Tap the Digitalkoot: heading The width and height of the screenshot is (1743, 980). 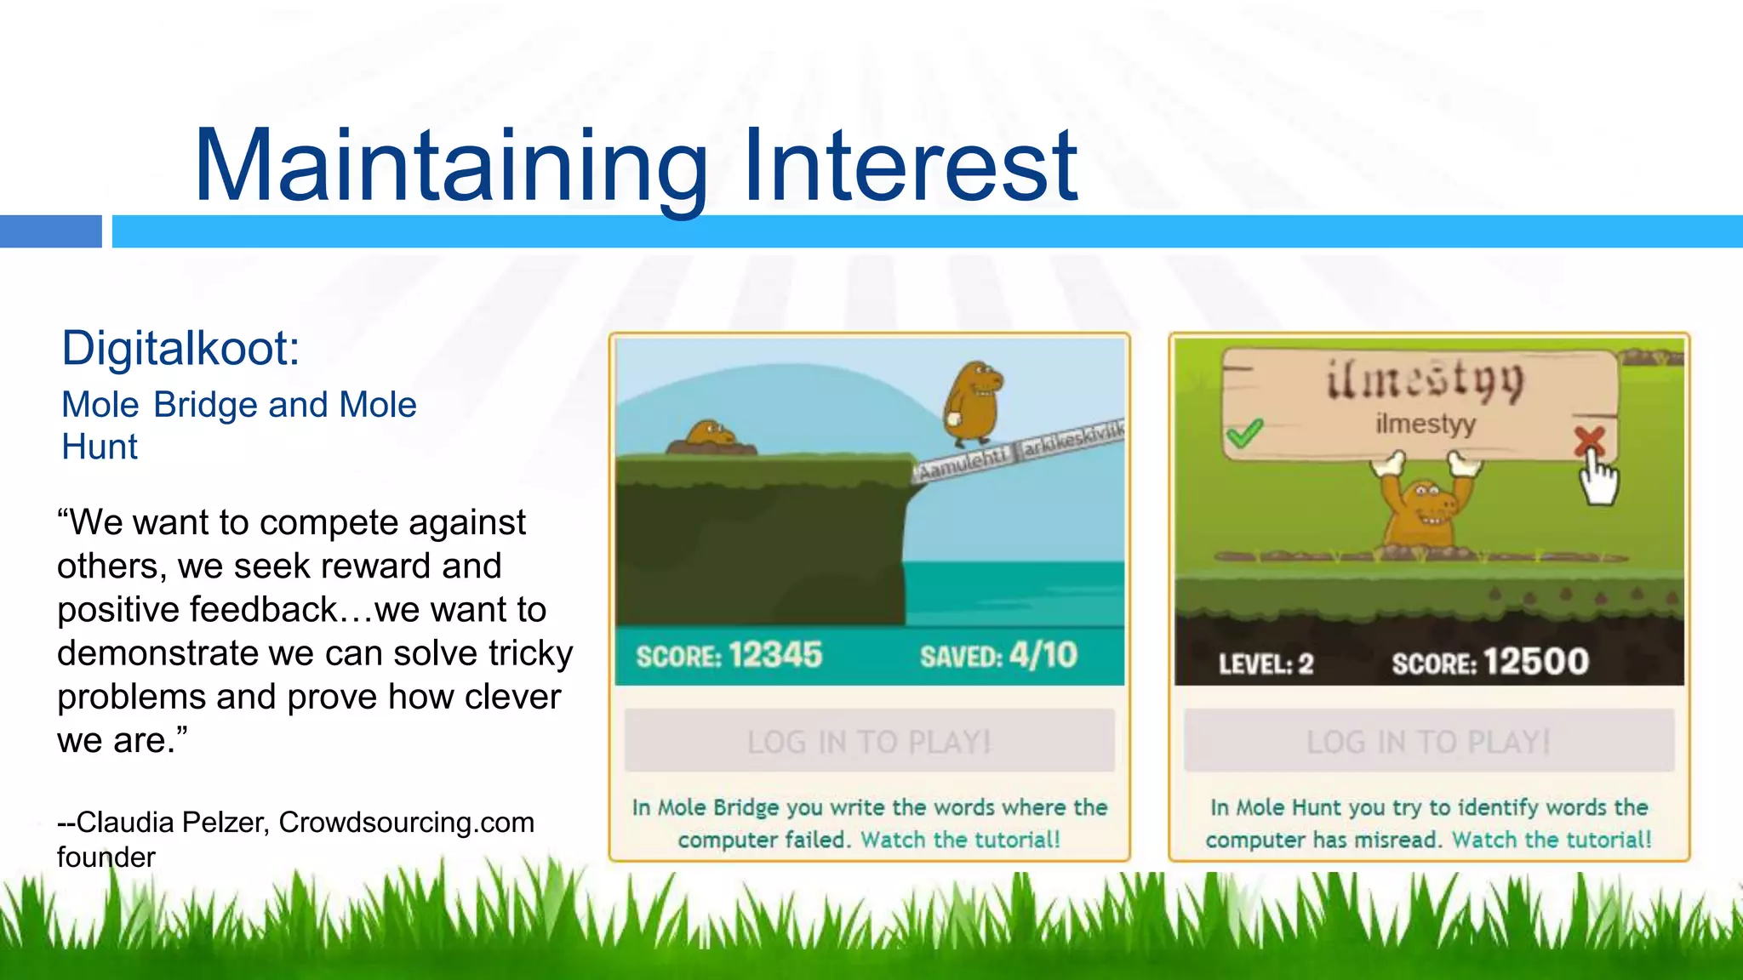tap(180, 349)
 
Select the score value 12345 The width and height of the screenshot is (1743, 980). tap(775, 655)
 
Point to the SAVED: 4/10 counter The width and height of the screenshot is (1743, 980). tap(998, 656)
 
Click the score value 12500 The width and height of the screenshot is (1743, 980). tap(1536, 662)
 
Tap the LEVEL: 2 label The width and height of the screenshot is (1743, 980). tap(1266, 664)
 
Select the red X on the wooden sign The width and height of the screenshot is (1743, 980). tap(1588, 441)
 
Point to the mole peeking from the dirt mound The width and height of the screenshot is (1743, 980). tap(709, 436)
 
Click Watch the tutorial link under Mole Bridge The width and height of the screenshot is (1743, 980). tap(960, 840)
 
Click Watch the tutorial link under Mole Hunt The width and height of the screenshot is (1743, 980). tap(1552, 840)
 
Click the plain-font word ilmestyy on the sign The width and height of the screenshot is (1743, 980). tap(1426, 423)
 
